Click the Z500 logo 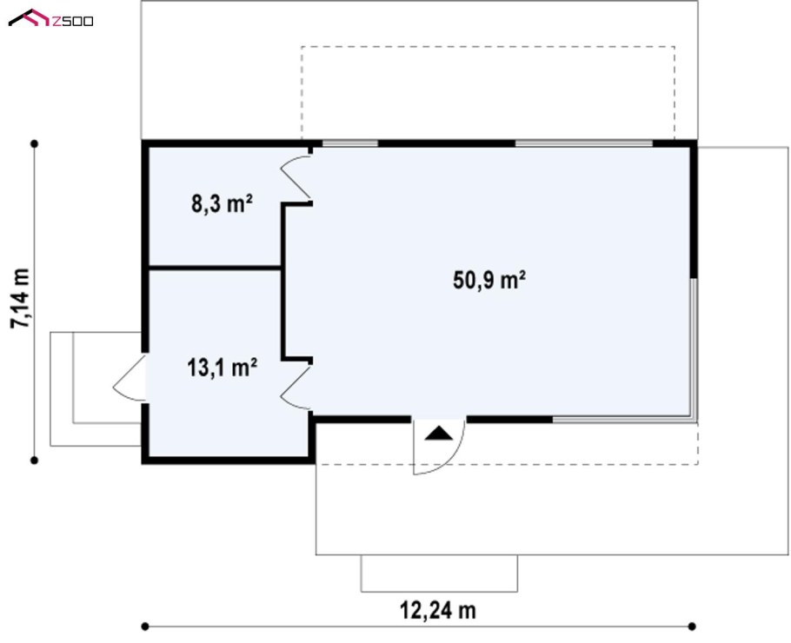click(50, 18)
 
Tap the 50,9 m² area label click(489, 280)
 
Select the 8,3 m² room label click(222, 203)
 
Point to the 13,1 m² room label click(222, 368)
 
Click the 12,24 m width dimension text click(438, 610)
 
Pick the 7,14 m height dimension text click(21, 299)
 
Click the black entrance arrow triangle click(439, 434)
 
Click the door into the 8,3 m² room click(296, 178)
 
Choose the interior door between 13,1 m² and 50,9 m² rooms click(296, 388)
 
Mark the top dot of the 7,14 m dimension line click(34, 143)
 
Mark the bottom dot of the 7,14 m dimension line click(34, 460)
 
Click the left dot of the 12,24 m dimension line click(145, 626)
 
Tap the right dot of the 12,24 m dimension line click(692, 626)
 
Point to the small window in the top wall click(350, 143)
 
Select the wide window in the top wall click(583, 143)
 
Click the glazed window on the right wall click(695, 349)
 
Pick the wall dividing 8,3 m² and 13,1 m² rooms click(215, 268)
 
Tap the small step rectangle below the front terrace click(439, 573)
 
